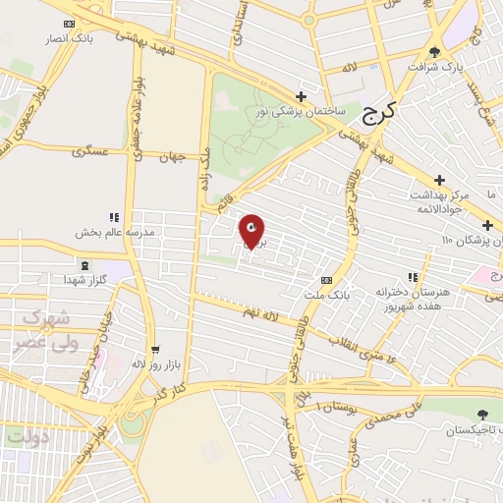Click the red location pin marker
point(251,230)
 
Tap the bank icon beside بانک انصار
point(67,23)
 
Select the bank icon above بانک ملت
point(339,279)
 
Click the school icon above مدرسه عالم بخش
point(114,217)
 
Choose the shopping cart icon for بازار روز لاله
point(154,350)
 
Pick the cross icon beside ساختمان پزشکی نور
point(301,96)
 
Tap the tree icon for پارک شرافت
point(436,51)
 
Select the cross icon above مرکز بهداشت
point(439,181)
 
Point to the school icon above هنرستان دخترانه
point(412,278)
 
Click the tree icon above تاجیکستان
point(481,416)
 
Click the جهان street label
point(172,156)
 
